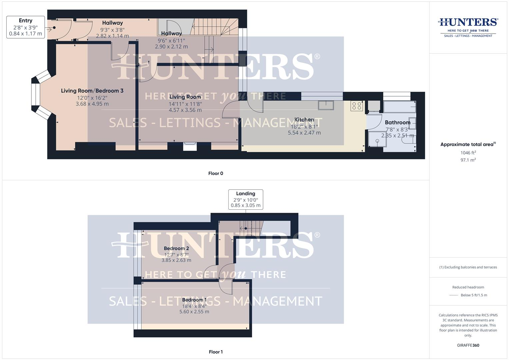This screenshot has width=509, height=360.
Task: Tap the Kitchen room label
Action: (304, 120)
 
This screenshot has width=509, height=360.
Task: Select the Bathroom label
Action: (397, 122)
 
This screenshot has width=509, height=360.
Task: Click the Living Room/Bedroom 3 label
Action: (92, 91)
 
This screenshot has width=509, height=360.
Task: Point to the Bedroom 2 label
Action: (176, 248)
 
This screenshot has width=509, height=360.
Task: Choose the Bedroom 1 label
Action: (194, 300)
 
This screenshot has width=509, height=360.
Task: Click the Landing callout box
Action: (245, 199)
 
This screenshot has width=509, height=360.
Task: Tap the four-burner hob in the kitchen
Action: (356, 106)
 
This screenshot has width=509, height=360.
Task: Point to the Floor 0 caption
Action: (216, 173)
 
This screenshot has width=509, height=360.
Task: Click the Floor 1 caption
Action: (216, 352)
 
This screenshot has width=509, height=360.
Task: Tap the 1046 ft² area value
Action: (468, 153)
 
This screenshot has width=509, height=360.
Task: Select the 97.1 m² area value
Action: (468, 160)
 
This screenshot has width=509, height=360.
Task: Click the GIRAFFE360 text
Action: (468, 345)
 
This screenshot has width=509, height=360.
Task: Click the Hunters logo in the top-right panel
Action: (468, 27)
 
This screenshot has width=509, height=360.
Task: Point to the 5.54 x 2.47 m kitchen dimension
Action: (304, 133)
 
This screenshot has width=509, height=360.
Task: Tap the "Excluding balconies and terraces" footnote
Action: (468, 267)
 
